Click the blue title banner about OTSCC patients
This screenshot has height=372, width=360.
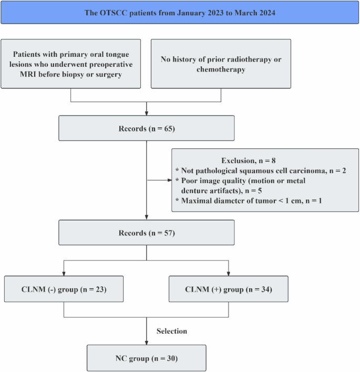[180, 13]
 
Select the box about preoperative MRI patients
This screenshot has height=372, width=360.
[71, 63]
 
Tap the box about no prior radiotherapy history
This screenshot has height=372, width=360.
[221, 63]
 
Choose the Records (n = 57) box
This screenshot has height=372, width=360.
[147, 233]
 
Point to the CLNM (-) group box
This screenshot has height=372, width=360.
[64, 289]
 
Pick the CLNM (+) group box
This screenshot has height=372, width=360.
[228, 289]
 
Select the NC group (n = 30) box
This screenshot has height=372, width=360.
[147, 358]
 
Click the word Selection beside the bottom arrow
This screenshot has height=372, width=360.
[172, 331]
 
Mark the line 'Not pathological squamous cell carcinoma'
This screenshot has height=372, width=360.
[261, 170]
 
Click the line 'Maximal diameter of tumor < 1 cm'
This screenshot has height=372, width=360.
[255, 200]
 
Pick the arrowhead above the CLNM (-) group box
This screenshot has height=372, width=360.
[64, 273]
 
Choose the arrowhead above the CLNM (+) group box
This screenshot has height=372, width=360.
[228, 273]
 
